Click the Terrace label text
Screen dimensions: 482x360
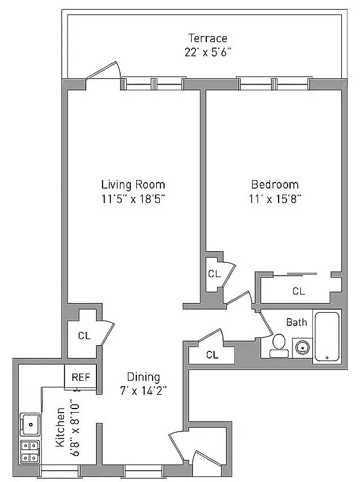point(207,39)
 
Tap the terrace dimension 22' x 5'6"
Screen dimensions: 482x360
point(207,52)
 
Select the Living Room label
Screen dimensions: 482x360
point(133,184)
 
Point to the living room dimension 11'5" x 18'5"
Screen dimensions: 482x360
point(133,198)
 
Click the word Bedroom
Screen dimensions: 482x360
point(274,184)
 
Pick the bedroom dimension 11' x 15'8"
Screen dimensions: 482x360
point(274,198)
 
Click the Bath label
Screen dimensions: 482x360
point(296,322)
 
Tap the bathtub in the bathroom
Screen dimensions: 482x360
point(327,337)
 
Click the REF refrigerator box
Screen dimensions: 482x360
point(80,378)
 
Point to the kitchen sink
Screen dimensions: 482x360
point(28,424)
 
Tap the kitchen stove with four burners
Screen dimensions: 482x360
point(29,452)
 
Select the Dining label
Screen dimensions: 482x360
point(144,377)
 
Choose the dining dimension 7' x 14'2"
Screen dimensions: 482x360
point(144,390)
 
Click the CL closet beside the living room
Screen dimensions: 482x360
point(84,336)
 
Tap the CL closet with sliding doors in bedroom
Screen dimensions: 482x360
point(298,291)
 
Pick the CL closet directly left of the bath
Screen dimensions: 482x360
point(211,355)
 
